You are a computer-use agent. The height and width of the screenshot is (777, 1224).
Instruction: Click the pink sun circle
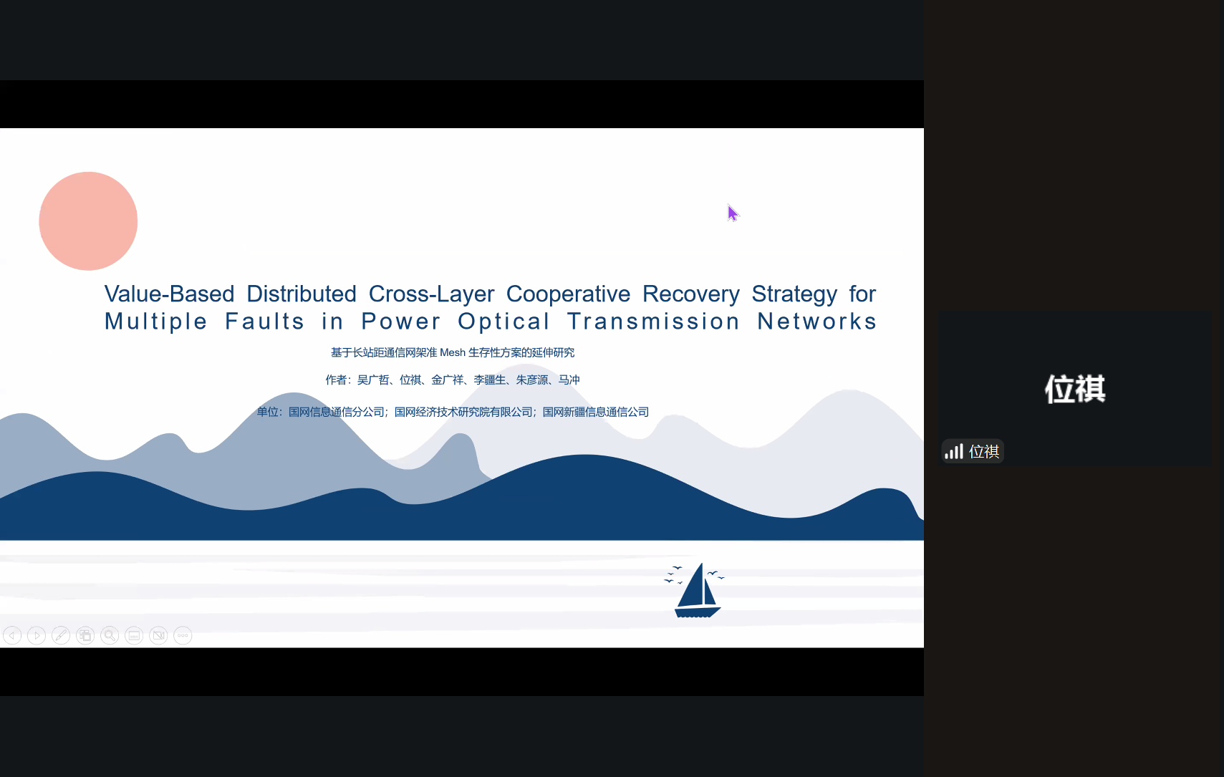pos(88,221)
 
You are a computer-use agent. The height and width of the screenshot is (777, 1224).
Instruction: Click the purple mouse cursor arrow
pos(733,213)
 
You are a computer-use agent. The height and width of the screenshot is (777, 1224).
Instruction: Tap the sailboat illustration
pos(695,591)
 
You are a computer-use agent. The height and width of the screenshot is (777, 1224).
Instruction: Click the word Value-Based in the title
pos(170,294)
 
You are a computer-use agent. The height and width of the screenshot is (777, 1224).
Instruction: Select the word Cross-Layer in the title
pos(431,294)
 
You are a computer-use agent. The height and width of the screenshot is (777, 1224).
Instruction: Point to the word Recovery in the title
pos(690,294)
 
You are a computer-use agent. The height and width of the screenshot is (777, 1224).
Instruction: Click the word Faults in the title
pos(264,322)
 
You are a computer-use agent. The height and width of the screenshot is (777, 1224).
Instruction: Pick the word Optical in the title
pos(503,322)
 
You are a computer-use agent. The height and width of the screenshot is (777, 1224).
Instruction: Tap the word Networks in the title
pos(816,322)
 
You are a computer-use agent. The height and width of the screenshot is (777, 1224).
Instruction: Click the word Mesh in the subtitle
pos(453,352)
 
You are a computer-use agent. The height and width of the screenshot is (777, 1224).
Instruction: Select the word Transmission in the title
pos(653,322)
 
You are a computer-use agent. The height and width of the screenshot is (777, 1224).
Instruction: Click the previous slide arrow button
pos(12,635)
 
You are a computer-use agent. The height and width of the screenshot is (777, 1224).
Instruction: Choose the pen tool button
pos(61,635)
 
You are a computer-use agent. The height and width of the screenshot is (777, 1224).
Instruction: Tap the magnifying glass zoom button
pos(110,635)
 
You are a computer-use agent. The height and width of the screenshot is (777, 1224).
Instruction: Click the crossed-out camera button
pos(158,635)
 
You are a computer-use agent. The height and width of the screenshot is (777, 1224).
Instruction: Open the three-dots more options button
pos(183,635)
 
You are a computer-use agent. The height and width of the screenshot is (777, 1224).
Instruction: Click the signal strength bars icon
pos(954,451)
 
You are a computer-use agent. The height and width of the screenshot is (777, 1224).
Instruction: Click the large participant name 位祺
pos(1075,389)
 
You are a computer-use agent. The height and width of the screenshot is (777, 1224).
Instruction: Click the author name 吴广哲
pos(372,380)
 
